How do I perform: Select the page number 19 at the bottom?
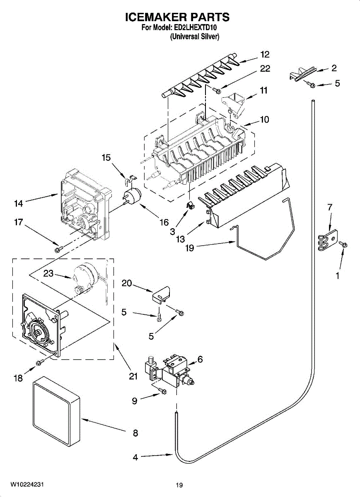[179, 485]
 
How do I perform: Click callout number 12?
[265, 54]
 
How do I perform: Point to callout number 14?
[18, 203]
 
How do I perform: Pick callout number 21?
[132, 376]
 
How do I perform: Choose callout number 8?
[135, 433]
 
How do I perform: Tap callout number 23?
[48, 274]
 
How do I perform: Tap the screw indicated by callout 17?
[58, 248]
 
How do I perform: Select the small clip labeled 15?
[130, 180]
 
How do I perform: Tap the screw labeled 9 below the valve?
[162, 391]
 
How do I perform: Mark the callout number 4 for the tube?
[135, 457]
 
